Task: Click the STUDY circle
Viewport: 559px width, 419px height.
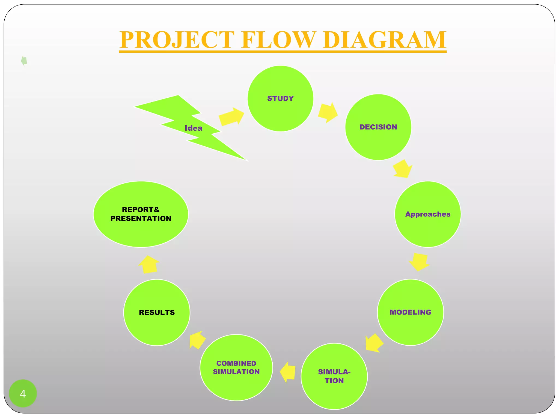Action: (x=280, y=98)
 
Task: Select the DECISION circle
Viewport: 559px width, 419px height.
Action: (x=378, y=127)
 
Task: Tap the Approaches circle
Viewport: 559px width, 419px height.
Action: (x=428, y=214)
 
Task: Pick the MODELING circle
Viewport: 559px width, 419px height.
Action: (x=410, y=312)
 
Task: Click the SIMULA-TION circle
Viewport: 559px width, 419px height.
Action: (x=334, y=376)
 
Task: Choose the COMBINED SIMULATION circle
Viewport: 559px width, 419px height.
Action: (x=236, y=367)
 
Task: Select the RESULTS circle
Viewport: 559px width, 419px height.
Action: (x=157, y=312)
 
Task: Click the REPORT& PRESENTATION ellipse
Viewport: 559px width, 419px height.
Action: (x=141, y=214)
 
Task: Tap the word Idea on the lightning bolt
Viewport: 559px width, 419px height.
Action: (x=194, y=128)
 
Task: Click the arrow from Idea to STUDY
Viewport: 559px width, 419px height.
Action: (x=231, y=116)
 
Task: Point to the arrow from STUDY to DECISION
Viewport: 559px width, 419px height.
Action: (x=328, y=112)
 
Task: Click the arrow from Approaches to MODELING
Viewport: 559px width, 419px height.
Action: (x=419, y=262)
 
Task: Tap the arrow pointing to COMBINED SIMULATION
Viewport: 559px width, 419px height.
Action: (x=288, y=372)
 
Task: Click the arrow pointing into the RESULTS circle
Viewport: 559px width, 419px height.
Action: (x=197, y=340)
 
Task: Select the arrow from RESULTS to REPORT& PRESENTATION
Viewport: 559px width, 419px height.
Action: (x=149, y=264)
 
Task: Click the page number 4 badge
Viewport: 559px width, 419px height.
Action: (x=23, y=394)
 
